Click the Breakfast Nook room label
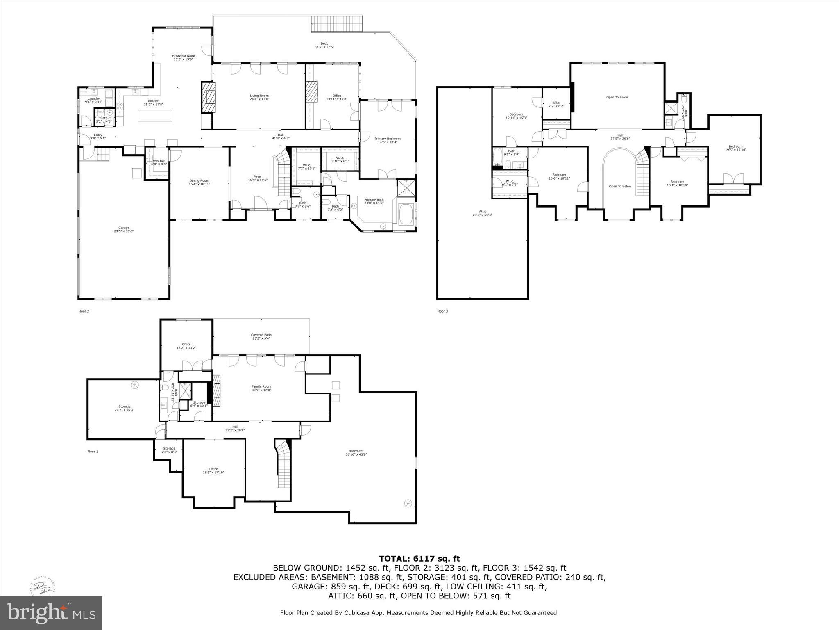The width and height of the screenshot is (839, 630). point(183,57)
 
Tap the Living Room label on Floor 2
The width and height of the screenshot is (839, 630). point(259,97)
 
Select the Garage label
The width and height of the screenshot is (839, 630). point(124,229)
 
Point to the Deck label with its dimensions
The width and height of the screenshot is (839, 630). point(324,45)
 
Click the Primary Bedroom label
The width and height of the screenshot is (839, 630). point(387,140)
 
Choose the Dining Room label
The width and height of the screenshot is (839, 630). point(199,182)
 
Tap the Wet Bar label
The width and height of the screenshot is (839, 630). point(159,162)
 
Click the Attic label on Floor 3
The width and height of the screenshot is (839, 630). point(482,213)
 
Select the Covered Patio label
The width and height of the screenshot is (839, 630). point(261,336)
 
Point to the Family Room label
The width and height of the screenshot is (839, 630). point(261,388)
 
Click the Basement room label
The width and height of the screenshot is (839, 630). point(356,452)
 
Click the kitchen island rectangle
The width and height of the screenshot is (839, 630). point(155,116)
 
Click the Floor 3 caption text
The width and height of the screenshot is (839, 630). point(442,311)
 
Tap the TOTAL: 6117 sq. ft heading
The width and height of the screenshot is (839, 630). point(419,559)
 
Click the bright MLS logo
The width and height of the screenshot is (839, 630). point(51,613)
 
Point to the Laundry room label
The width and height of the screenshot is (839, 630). point(93,100)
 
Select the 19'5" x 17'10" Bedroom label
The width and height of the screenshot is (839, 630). point(735,148)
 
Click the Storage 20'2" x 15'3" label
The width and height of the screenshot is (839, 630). point(124,408)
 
